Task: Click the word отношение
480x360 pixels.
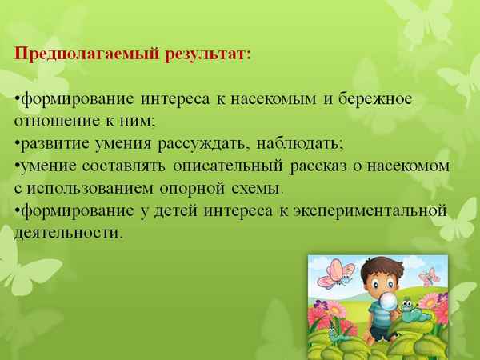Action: pyautogui.click(x=52, y=122)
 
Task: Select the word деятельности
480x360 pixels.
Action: pyautogui.click(x=68, y=234)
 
